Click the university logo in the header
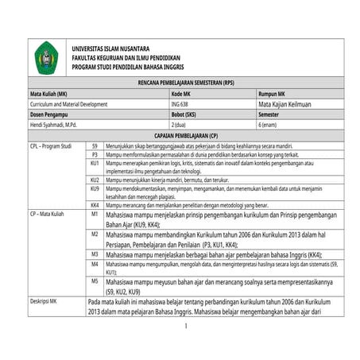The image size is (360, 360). tap(48, 58)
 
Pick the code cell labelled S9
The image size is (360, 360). tap(95, 146)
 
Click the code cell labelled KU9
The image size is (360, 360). tap(95, 189)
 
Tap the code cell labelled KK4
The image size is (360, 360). tap(95, 205)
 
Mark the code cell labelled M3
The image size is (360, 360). tap(95, 253)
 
